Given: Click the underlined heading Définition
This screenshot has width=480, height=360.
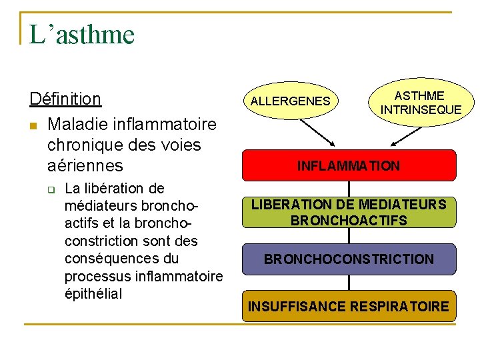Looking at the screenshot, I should (x=65, y=99).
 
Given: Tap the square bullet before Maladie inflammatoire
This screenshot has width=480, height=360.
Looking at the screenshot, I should (x=34, y=125).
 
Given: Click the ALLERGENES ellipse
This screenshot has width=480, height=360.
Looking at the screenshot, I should (x=290, y=101).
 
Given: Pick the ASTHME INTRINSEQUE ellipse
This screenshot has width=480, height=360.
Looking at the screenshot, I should (x=421, y=103).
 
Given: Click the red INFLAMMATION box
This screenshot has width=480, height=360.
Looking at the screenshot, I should (x=348, y=165).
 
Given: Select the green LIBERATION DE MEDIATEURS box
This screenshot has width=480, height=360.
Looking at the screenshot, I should (x=348, y=212).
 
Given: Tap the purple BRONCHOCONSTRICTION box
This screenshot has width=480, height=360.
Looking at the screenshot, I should (x=348, y=259).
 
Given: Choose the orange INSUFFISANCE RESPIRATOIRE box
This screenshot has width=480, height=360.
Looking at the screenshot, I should (x=348, y=307).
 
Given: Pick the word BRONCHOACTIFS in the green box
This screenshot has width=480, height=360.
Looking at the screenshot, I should (x=348, y=221).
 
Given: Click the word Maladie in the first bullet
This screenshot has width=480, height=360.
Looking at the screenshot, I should (x=75, y=125).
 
